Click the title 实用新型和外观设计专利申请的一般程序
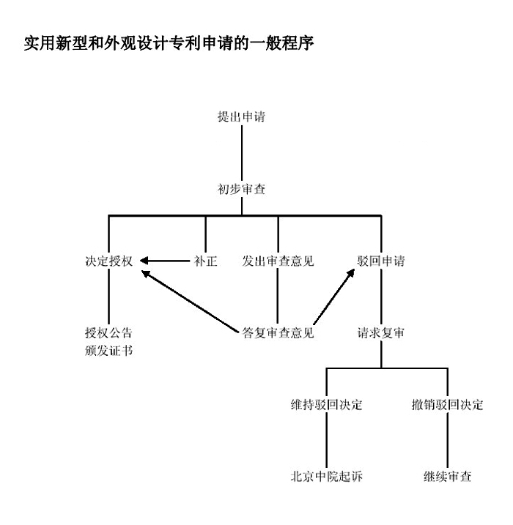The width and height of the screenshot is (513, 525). pos(169,43)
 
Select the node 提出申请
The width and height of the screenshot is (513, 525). pos(241,116)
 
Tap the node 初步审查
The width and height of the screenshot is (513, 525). pos(241,189)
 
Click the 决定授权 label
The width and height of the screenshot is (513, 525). pos(109,261)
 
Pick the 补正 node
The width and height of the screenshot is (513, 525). pos(206,261)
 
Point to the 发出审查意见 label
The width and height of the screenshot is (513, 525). pos(278,261)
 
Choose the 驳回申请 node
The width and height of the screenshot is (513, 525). pos(381,261)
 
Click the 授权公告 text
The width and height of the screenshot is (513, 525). pos(109,333)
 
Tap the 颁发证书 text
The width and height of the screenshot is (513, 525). pos(109,351)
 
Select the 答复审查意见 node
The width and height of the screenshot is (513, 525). pos(278,333)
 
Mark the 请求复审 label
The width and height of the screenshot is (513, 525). pos(381,333)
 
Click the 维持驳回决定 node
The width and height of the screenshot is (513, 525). pos(327,405)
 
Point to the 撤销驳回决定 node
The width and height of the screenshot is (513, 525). pos(447,405)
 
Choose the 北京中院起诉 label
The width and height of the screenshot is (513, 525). pos(327,476)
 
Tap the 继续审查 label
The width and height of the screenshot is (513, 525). pos(447,476)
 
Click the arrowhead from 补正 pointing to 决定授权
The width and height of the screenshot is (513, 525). pos(144,261)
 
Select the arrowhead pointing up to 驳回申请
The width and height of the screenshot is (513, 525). pos(350,274)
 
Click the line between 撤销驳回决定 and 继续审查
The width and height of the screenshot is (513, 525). pos(447,441)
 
